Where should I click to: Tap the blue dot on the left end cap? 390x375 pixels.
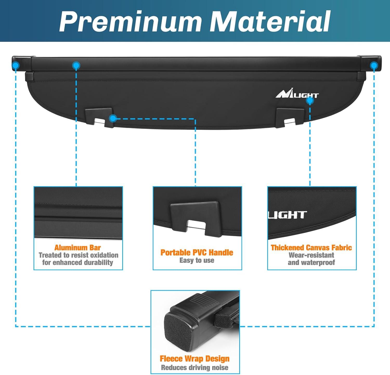(16, 65)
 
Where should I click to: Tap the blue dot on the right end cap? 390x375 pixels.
(374, 65)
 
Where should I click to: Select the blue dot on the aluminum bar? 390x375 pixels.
(76, 65)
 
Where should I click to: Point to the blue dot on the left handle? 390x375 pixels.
(113, 119)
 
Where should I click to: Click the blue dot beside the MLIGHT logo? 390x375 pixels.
(310, 100)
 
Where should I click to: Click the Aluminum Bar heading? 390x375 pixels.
(77, 248)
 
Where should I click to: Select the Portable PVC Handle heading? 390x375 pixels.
(197, 253)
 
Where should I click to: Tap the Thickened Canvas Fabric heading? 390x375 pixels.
(311, 248)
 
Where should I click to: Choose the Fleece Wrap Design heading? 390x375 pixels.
(194, 359)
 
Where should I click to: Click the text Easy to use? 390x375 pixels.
(197, 260)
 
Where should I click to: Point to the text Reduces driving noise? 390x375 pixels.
(194, 367)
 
